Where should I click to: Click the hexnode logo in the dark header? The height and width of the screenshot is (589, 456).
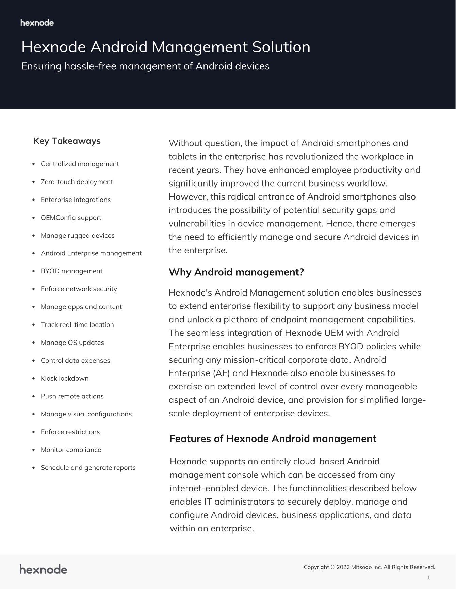click(37, 23)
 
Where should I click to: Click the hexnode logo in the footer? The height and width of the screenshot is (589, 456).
click(43, 569)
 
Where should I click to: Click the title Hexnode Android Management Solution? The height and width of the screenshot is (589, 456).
click(166, 47)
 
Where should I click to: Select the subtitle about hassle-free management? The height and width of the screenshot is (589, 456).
click(145, 66)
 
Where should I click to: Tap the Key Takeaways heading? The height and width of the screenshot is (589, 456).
click(67, 141)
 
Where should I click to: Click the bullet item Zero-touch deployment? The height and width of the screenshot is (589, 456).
click(77, 182)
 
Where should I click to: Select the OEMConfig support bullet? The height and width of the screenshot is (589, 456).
click(71, 218)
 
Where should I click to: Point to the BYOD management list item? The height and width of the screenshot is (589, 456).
click(71, 271)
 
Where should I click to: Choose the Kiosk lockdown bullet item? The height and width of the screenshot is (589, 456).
click(65, 378)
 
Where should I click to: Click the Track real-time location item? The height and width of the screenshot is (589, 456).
click(77, 325)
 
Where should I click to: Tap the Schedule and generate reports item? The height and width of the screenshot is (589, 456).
click(88, 468)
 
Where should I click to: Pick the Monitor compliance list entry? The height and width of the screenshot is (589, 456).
click(71, 450)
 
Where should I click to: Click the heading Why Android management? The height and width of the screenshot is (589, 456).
click(236, 272)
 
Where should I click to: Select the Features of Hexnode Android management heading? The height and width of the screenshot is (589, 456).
click(273, 439)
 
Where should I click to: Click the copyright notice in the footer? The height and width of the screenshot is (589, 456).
click(369, 567)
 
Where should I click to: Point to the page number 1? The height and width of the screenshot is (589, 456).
click(428, 577)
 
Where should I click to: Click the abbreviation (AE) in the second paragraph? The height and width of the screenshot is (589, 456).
click(222, 373)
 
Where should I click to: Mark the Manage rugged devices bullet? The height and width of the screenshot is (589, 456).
click(78, 236)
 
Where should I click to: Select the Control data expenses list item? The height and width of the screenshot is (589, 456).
click(75, 361)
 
